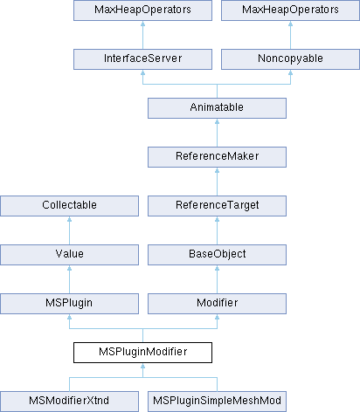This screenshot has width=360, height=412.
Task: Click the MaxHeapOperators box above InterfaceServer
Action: (142, 10)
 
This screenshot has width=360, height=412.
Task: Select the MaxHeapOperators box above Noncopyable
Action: (290, 10)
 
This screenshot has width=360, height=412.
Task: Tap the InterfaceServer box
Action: (142, 59)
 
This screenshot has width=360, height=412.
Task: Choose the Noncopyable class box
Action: (290, 59)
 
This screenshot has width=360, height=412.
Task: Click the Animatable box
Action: (217, 108)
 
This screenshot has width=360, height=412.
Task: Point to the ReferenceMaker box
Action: (217, 157)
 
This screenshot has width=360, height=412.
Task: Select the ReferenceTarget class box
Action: (217, 206)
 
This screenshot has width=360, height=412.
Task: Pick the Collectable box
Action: (69, 206)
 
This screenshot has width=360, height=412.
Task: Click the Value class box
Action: (69, 255)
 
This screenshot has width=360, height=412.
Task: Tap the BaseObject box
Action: (217, 255)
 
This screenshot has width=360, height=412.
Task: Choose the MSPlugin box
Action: (69, 304)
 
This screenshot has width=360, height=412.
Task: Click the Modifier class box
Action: (217, 304)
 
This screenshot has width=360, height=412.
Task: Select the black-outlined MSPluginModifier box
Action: (142, 353)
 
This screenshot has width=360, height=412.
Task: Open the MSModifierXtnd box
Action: (69, 402)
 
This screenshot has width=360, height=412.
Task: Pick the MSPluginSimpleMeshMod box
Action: (217, 402)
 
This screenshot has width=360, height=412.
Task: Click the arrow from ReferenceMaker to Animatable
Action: (217, 133)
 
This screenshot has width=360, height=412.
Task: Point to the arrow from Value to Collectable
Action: (69, 230)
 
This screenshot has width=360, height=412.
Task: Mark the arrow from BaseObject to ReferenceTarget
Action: (217, 230)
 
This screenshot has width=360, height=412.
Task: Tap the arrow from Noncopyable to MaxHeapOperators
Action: (290, 35)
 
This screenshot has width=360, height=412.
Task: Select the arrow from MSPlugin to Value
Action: (69, 279)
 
